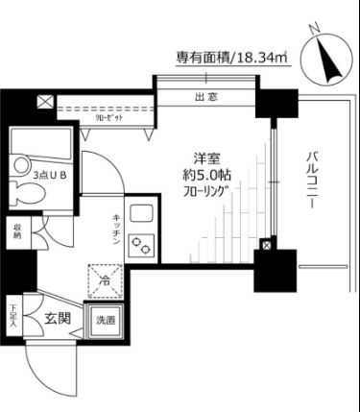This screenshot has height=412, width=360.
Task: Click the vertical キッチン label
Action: pyautogui.click(x=114, y=230)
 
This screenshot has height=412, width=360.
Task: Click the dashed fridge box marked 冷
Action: pyautogui.click(x=106, y=280)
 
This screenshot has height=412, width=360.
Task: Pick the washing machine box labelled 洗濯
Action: pyautogui.click(x=106, y=320)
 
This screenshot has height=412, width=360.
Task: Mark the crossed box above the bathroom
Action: pyautogui.click(x=44, y=100)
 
